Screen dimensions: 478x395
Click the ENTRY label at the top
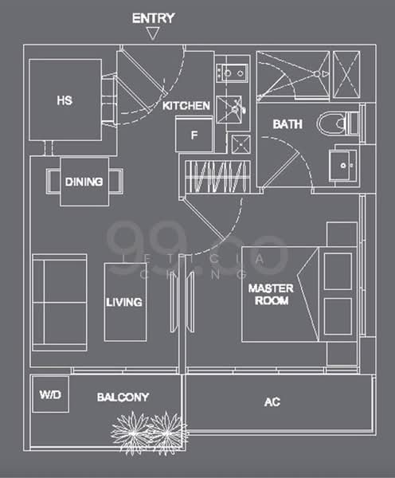[153, 18]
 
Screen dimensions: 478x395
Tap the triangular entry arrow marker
[153, 33]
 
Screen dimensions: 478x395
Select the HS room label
[65, 101]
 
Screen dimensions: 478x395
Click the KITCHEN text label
[186, 106]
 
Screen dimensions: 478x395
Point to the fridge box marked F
[194, 135]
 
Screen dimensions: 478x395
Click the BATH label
[287, 125]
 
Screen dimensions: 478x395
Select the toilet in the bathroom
[334, 124]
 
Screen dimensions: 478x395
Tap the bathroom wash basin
[345, 165]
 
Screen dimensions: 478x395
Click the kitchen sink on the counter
[233, 73]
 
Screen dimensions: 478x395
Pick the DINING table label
[84, 182]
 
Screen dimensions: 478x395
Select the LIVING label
[125, 303]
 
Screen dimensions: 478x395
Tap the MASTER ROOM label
[268, 294]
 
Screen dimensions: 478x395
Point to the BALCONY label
[123, 397]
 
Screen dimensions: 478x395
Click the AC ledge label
[272, 402]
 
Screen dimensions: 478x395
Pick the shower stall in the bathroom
[292, 76]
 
